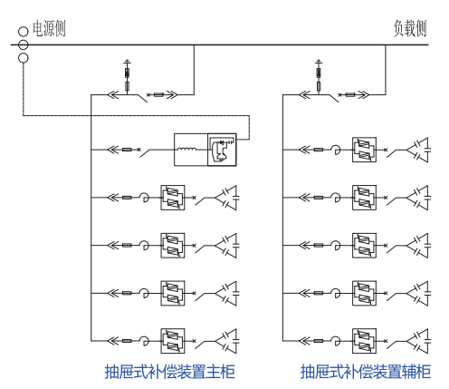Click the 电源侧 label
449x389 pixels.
[x=49, y=29]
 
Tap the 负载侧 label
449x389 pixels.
[x=410, y=29]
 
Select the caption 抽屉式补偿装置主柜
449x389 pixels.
[x=169, y=372]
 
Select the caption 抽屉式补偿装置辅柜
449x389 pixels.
[x=366, y=372]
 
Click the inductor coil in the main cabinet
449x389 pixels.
[x=186, y=149]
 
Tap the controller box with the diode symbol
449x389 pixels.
[x=222, y=150]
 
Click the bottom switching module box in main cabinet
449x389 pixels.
[x=173, y=341]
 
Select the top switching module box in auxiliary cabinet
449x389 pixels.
[x=364, y=150]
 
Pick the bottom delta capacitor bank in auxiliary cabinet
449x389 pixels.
[x=418, y=341]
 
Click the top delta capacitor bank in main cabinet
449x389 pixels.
[x=227, y=198]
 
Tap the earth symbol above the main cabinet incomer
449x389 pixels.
[x=128, y=62]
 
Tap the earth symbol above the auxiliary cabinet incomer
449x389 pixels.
[x=319, y=62]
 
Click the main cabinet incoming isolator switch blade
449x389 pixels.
[x=142, y=98]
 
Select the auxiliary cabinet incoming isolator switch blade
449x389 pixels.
[x=334, y=98]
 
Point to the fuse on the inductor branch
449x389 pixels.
[x=127, y=150]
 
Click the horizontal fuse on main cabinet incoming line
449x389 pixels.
[x=158, y=95]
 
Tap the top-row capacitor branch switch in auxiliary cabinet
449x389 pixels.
[x=392, y=152]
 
